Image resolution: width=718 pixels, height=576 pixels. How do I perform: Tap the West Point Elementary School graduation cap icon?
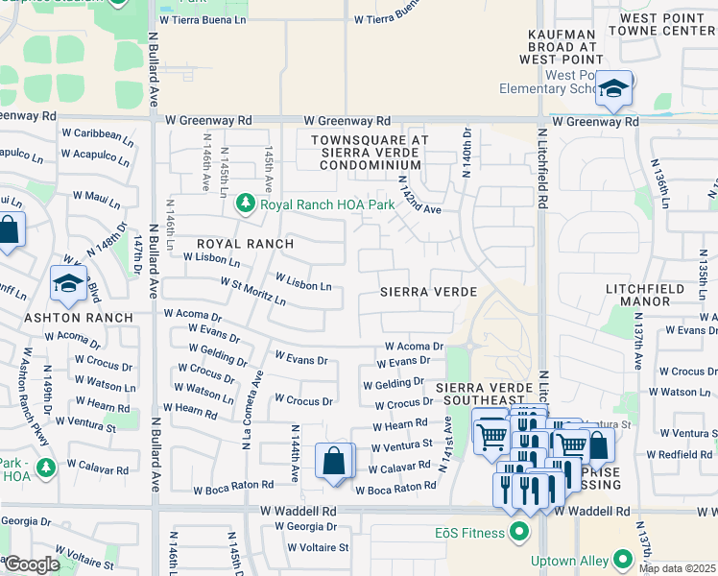point(613,88)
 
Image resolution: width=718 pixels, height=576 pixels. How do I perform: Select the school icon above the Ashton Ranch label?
point(68,283)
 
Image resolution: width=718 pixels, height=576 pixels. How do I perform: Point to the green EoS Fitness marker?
point(519,530)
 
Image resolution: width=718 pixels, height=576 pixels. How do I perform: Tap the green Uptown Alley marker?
point(622,558)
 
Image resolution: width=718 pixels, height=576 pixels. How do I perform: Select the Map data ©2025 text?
point(677,568)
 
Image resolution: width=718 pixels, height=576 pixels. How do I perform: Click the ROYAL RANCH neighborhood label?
point(245,244)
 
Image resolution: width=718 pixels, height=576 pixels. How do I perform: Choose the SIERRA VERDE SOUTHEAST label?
point(480,393)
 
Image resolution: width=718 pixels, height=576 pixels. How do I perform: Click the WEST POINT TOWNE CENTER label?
point(666,24)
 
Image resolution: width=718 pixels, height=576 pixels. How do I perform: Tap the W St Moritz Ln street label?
point(252,292)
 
